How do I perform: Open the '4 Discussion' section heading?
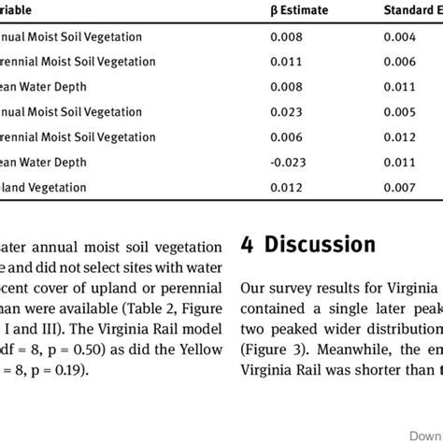point(307,245)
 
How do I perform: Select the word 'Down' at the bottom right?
point(424,432)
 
